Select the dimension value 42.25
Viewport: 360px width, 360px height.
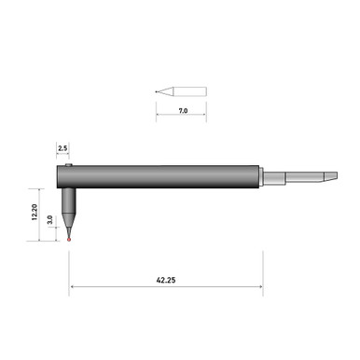tap(167, 277)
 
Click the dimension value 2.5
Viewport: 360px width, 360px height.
tap(62, 148)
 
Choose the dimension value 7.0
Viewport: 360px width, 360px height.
tap(183, 110)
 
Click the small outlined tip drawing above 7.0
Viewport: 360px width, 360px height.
tap(182, 91)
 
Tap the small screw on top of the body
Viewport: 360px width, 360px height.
tap(69, 166)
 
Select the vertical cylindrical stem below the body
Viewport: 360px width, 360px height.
tap(70, 201)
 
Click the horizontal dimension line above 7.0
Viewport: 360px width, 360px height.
tap(182, 118)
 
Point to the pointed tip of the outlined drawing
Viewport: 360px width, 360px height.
tap(158, 91)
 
